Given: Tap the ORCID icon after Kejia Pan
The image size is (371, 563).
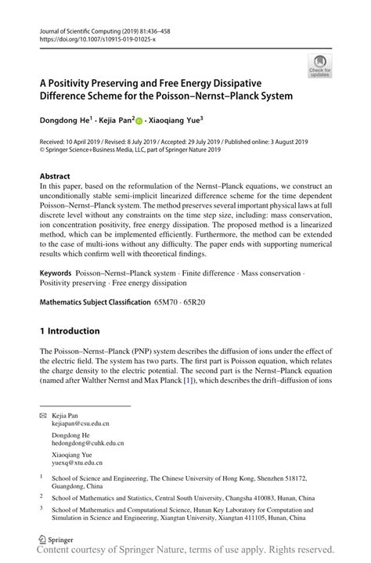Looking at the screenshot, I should tap(141, 121).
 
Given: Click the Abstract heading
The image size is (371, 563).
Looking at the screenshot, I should tap(55, 177).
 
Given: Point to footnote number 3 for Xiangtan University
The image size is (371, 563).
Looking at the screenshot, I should tap(41, 507).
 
